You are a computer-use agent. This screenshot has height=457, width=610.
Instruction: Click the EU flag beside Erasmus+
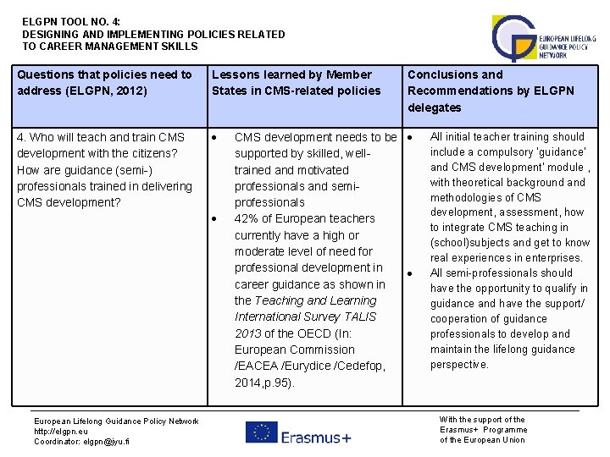(262, 432)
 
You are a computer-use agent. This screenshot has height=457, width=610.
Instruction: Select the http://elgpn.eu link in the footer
(60, 431)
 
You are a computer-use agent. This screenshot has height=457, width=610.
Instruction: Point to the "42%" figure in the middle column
(247, 218)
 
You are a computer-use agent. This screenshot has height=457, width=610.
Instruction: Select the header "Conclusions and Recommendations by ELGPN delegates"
(491, 91)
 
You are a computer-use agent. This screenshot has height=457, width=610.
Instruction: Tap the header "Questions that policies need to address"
(104, 82)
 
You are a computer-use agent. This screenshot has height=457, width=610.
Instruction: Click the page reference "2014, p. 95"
(264, 382)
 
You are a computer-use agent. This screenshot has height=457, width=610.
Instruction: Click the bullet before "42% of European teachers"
(216, 219)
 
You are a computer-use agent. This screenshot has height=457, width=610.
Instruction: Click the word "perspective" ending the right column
(458, 365)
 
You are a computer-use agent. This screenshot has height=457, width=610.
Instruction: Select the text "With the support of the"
(482, 419)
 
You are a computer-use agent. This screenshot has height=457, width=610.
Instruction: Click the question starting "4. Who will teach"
(100, 137)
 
